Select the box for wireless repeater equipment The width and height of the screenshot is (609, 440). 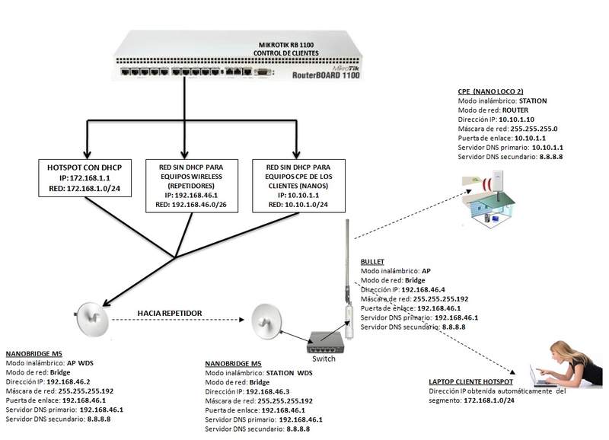tap(187, 185)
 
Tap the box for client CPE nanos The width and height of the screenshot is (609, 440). tap(294, 185)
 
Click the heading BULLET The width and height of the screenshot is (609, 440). tap(372, 260)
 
